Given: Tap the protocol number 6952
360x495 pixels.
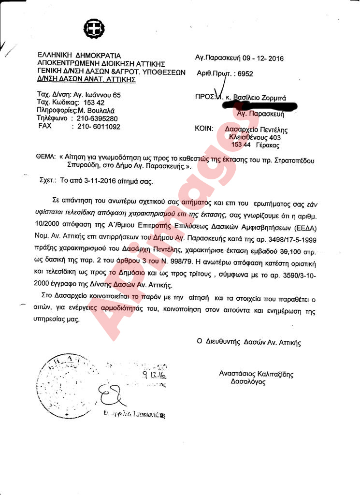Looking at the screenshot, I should tap(244, 73).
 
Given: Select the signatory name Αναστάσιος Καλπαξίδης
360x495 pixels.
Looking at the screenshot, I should tap(256, 374).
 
